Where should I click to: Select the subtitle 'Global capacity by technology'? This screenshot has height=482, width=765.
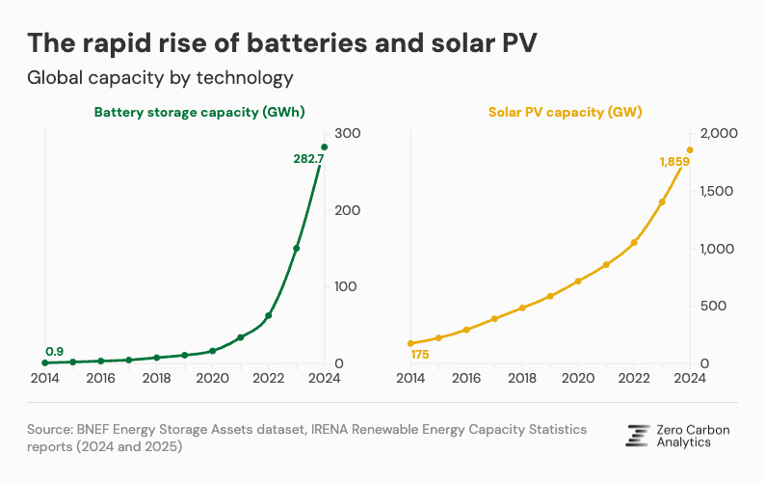159,77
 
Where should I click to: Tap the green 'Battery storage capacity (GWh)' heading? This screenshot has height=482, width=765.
199,112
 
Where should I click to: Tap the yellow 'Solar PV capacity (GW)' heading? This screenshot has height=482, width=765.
565,112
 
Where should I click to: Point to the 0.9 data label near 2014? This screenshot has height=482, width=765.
54,350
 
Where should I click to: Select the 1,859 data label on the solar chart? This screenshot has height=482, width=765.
674,162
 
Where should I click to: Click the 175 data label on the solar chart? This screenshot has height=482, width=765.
419,356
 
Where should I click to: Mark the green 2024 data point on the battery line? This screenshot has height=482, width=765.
325,147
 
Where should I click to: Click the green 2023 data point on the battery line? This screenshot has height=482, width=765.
297,249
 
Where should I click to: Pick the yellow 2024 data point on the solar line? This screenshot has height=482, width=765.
690,149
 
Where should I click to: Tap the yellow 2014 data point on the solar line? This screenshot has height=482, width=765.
410,343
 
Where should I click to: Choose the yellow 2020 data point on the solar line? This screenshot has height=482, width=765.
578,281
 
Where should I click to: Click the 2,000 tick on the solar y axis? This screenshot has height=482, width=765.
718,133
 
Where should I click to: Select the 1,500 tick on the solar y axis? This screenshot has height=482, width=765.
718,191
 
